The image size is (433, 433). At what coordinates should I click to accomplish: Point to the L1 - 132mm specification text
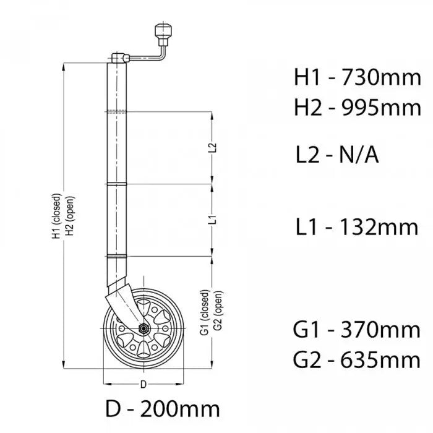pos(356,227)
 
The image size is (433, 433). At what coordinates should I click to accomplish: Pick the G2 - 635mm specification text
pos(357,359)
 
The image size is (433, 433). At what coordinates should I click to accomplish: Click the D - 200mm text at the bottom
pos(161,409)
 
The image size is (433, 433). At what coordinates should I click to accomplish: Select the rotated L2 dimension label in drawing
pos(212,148)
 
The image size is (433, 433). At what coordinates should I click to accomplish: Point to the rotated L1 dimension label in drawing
pos(212,220)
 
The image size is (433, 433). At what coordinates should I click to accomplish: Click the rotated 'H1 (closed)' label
pos(56,216)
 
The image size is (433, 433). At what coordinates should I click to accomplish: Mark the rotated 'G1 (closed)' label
pos(204,312)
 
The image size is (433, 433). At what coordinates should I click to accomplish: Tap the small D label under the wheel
pos(143,385)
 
